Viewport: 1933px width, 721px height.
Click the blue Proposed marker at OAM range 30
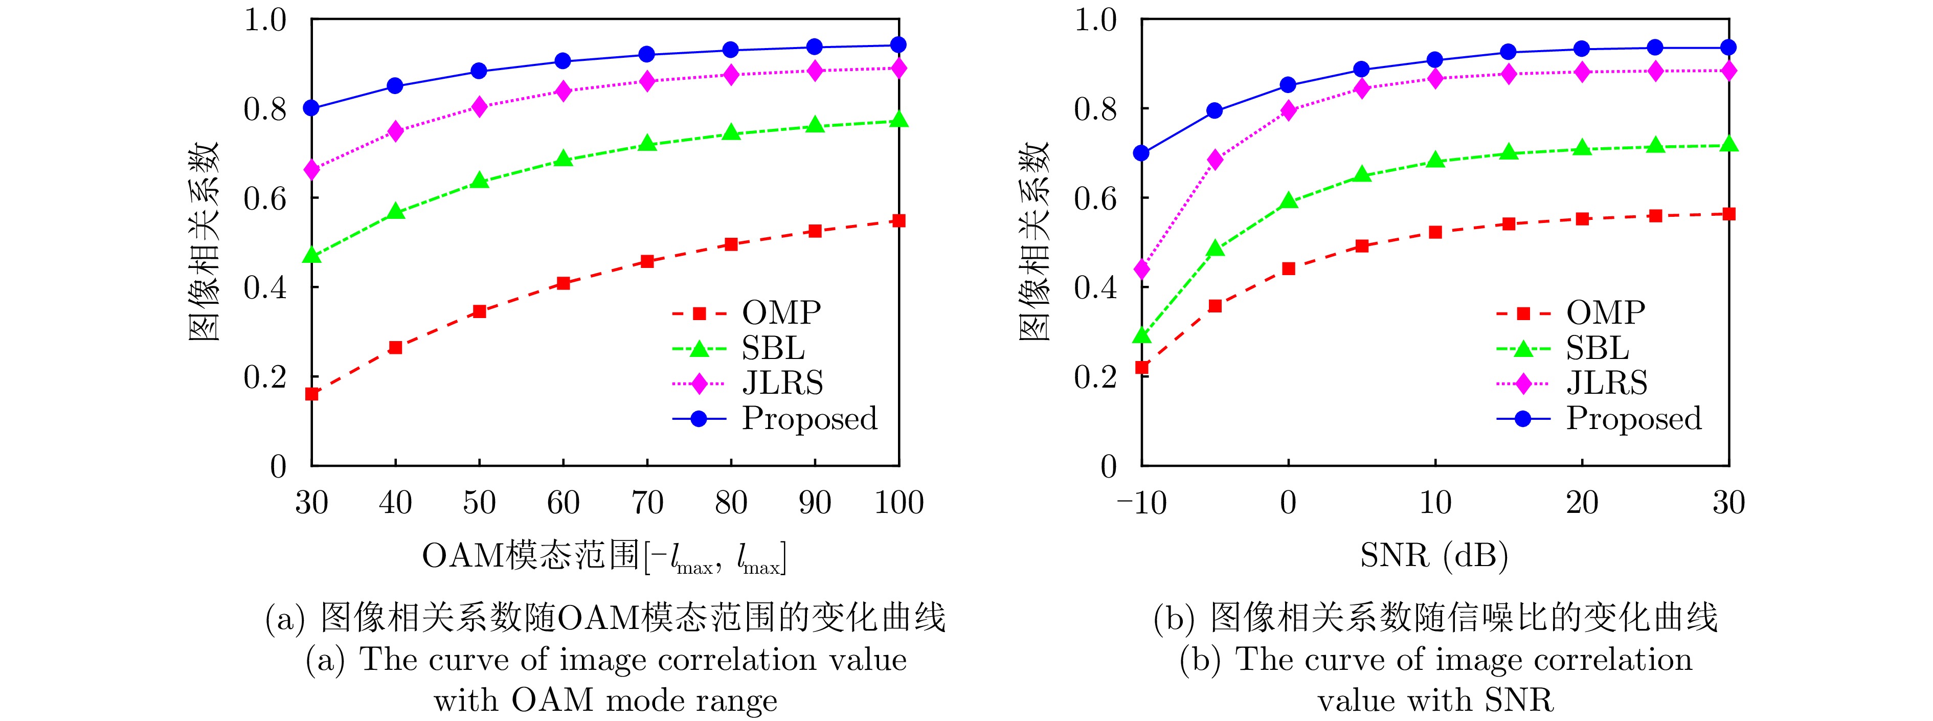point(311,108)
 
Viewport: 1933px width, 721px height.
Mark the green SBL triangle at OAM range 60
point(564,159)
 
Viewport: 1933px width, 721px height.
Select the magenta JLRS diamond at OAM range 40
point(395,131)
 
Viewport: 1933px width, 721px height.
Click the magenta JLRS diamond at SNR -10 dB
point(1142,268)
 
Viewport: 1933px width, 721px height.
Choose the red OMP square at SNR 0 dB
point(1289,268)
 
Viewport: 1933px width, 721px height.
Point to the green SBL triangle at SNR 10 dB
point(1435,160)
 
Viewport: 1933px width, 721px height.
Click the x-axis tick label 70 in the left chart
point(647,503)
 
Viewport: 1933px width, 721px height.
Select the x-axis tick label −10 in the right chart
point(1141,503)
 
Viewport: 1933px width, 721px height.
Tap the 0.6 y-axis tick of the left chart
point(265,198)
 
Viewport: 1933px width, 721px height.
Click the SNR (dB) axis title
point(1434,556)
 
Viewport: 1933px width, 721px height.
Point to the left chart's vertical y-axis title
point(203,241)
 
